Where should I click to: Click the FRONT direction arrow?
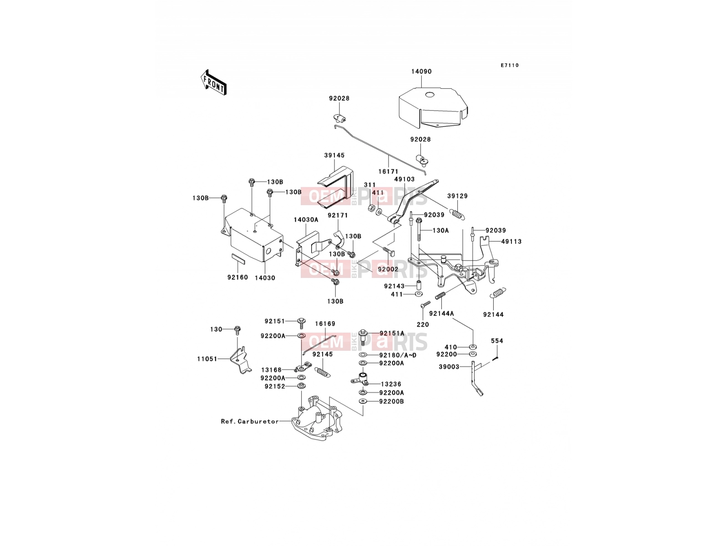(213, 82)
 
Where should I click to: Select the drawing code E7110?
(510, 66)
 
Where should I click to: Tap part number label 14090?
(421, 71)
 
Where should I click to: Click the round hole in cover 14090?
(430, 95)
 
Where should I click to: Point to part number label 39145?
(334, 155)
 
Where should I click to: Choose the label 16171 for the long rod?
(388, 172)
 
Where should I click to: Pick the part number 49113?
(511, 242)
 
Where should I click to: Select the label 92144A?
(441, 313)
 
